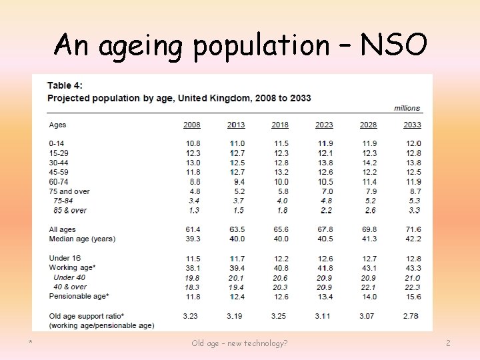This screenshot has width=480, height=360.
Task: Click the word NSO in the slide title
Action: tap(393, 45)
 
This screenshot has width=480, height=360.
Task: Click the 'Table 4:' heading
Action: tap(65, 86)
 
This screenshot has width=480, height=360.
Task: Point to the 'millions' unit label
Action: tap(407, 108)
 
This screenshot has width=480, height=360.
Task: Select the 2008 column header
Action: tap(191, 125)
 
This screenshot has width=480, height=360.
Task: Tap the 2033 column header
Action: tap(412, 125)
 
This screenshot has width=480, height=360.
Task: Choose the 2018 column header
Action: tap(280, 125)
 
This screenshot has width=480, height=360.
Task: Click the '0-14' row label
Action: tap(57, 143)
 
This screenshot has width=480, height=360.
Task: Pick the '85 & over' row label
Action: tap(70, 211)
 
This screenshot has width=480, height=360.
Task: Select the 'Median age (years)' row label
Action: tap(82, 239)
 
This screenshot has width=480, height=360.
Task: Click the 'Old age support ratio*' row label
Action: tap(87, 315)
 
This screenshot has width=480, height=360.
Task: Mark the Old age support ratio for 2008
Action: tap(191, 315)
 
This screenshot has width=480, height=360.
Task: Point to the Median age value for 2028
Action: tap(369, 239)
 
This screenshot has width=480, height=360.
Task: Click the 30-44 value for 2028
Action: tap(369, 163)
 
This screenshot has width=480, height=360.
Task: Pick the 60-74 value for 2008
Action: tap(193, 182)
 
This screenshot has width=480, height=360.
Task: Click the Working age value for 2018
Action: tap(280, 268)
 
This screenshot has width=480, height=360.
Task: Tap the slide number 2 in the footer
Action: tap(448, 343)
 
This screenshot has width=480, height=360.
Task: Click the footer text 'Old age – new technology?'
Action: tap(239, 343)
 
